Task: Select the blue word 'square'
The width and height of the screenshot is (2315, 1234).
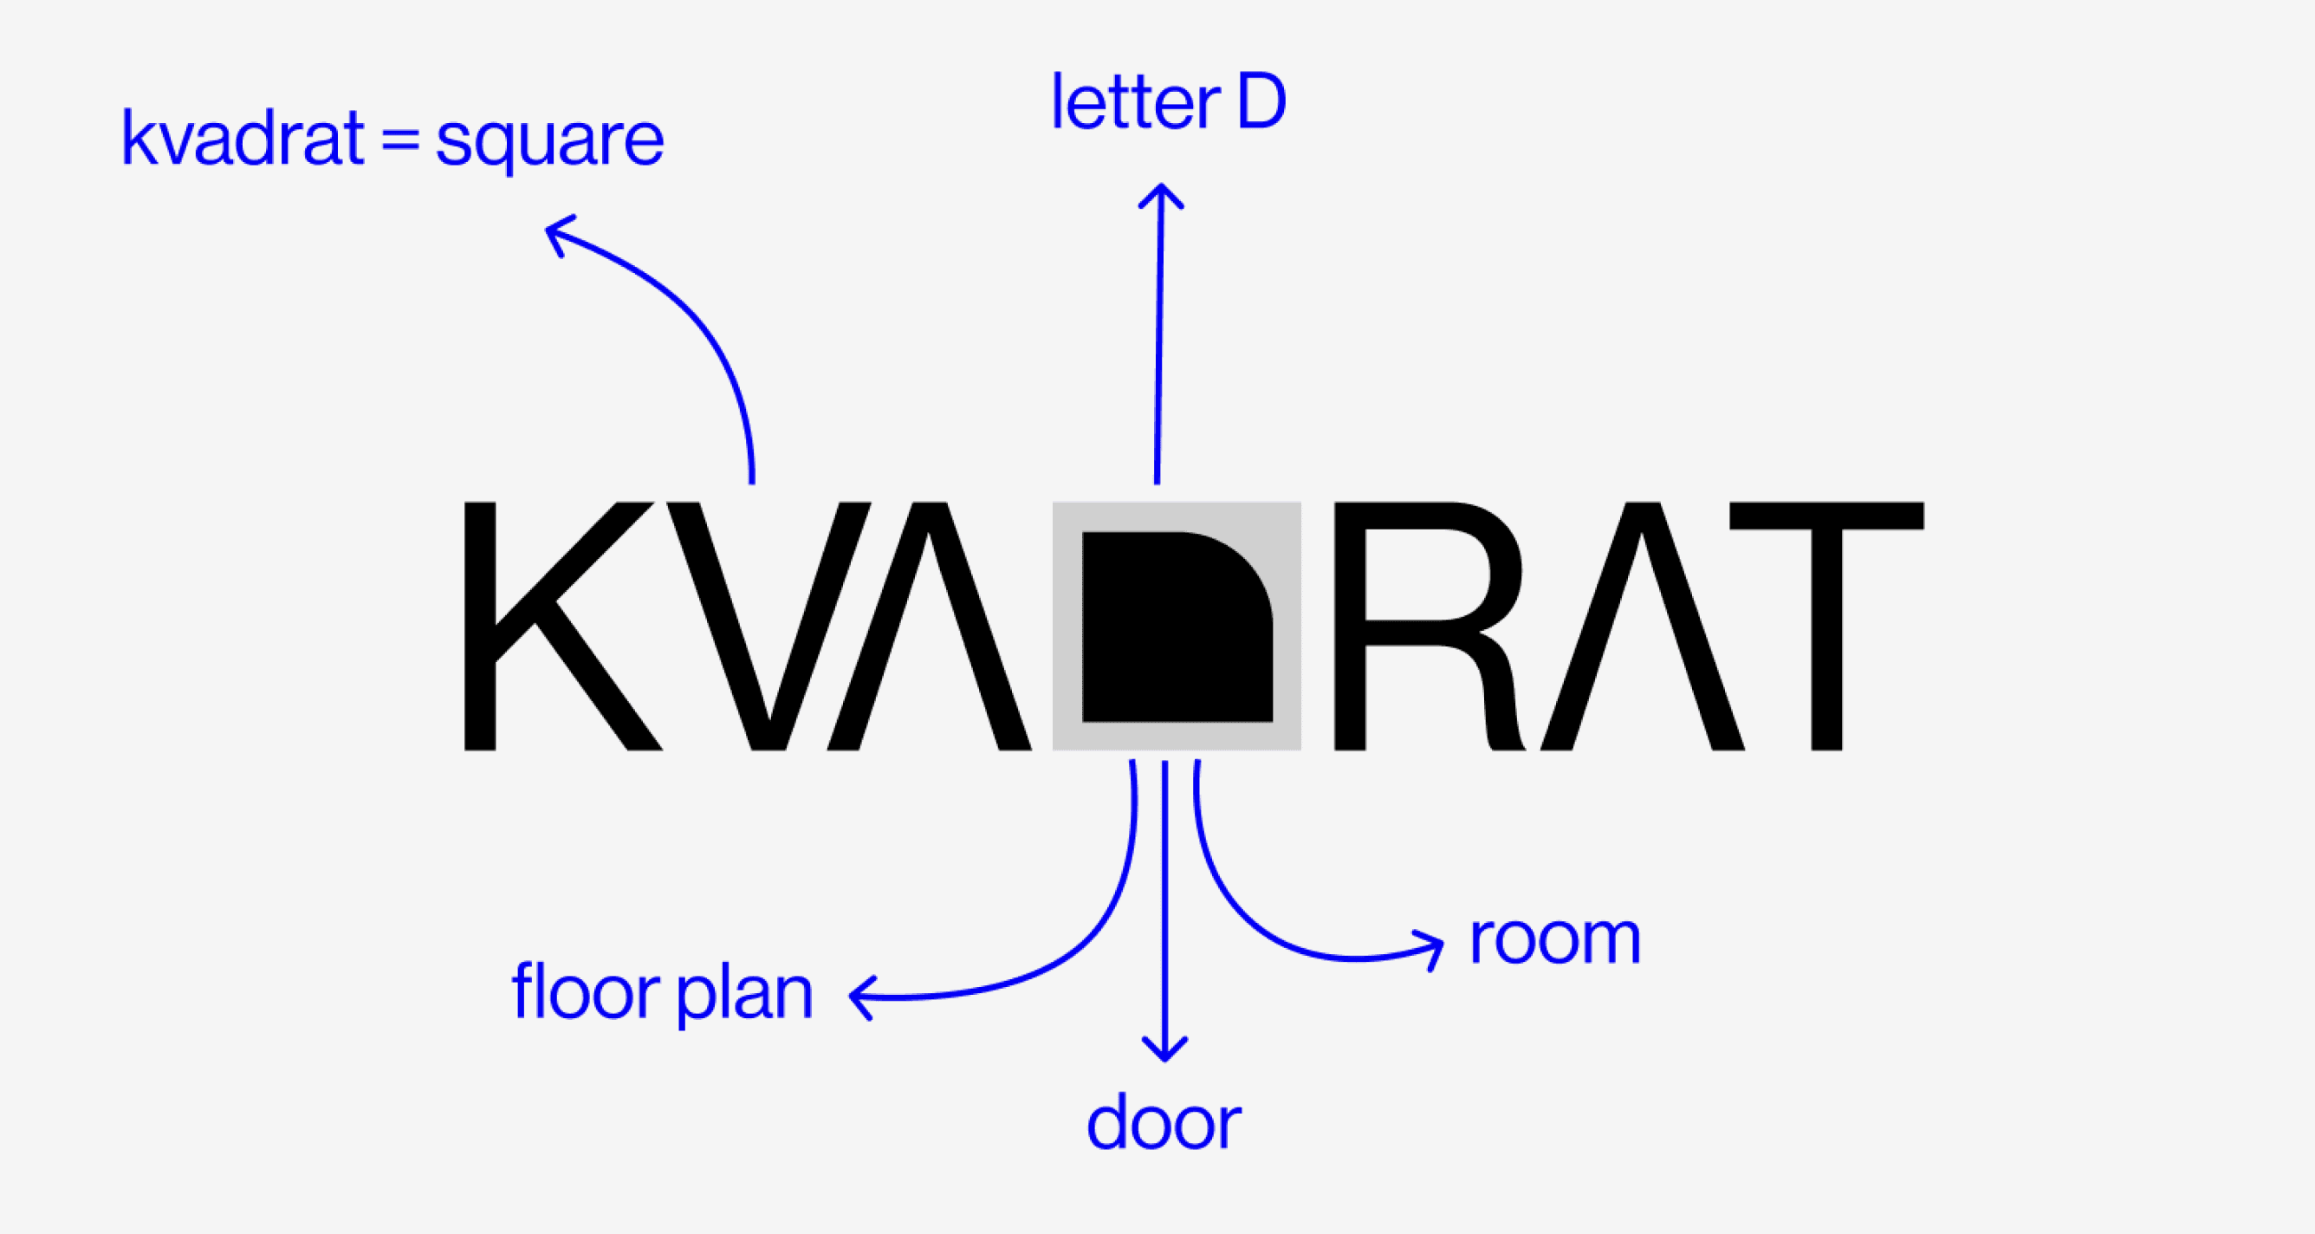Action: [550, 142]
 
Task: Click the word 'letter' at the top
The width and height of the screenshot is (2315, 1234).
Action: [1135, 101]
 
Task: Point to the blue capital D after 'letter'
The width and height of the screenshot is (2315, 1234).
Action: [1261, 101]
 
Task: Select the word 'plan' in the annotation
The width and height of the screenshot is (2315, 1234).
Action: [745, 995]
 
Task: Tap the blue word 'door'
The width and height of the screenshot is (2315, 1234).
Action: [1164, 1123]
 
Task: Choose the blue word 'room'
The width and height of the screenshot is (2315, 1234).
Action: [1554, 939]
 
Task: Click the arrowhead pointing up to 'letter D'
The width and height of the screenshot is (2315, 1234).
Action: [1161, 192]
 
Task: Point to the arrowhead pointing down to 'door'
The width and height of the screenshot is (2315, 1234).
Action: [1164, 1051]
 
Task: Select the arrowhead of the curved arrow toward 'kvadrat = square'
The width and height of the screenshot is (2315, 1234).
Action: [554, 232]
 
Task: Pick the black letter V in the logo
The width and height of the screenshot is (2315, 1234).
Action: [768, 626]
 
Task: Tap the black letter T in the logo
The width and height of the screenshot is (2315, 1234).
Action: [1827, 626]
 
